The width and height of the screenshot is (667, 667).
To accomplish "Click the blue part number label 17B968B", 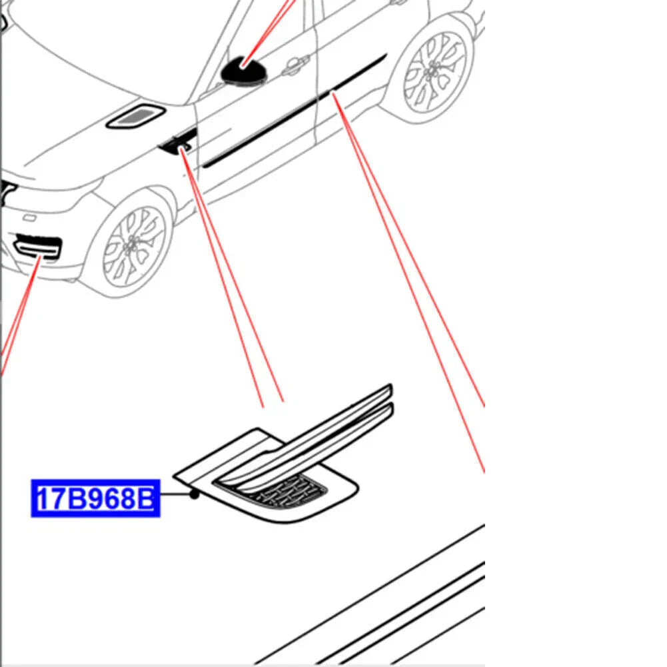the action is pos(96,498).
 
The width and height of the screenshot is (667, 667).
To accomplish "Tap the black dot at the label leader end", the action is pos(195,494).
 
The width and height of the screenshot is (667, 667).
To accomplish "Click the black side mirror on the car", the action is pos(244,70).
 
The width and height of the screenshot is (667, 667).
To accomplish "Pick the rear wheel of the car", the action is pos(434,70).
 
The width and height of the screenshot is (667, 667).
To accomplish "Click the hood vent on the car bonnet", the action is pos(136,115).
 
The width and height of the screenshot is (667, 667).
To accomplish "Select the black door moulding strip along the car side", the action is pos(293,111).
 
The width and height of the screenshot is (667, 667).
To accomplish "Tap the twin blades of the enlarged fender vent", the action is pos(307,438).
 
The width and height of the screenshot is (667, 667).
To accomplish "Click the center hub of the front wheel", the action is pos(132,246).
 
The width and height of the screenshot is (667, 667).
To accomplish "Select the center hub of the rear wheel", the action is pos(434,70).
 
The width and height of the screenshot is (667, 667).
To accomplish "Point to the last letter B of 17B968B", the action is pos(145,498).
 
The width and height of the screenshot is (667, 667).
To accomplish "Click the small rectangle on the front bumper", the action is pos(29,218).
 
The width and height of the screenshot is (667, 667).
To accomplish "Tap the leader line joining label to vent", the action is pos(175,494).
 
